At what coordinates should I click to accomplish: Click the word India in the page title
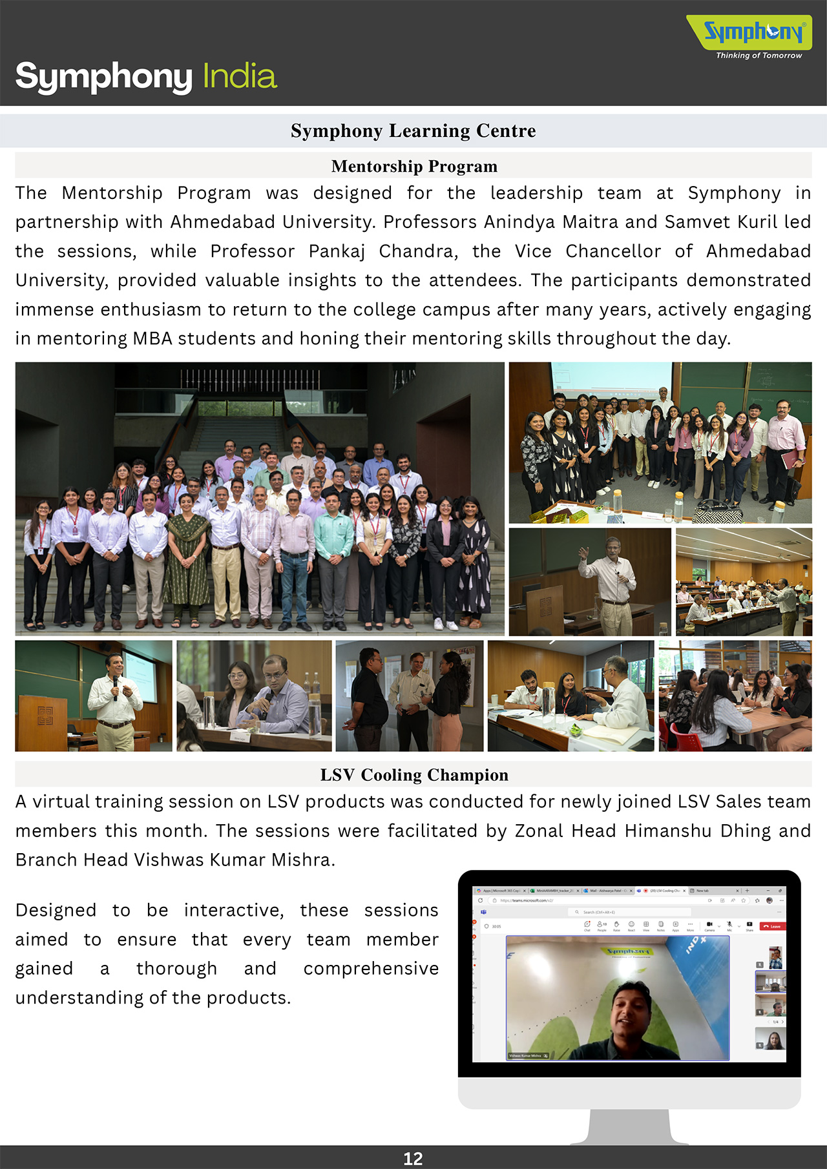pyautogui.click(x=240, y=76)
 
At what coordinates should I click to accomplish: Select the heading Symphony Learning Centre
pyautogui.click(x=413, y=131)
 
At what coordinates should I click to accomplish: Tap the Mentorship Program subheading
pyautogui.click(x=414, y=167)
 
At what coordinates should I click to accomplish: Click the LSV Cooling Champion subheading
pyautogui.click(x=414, y=775)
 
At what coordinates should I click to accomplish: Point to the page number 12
pyautogui.click(x=413, y=1159)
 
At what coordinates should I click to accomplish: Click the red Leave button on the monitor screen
pyautogui.click(x=772, y=926)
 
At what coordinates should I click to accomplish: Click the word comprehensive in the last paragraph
pyautogui.click(x=371, y=969)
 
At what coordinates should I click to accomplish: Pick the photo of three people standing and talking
pyautogui.click(x=409, y=696)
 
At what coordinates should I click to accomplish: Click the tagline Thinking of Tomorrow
pyautogui.click(x=759, y=56)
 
